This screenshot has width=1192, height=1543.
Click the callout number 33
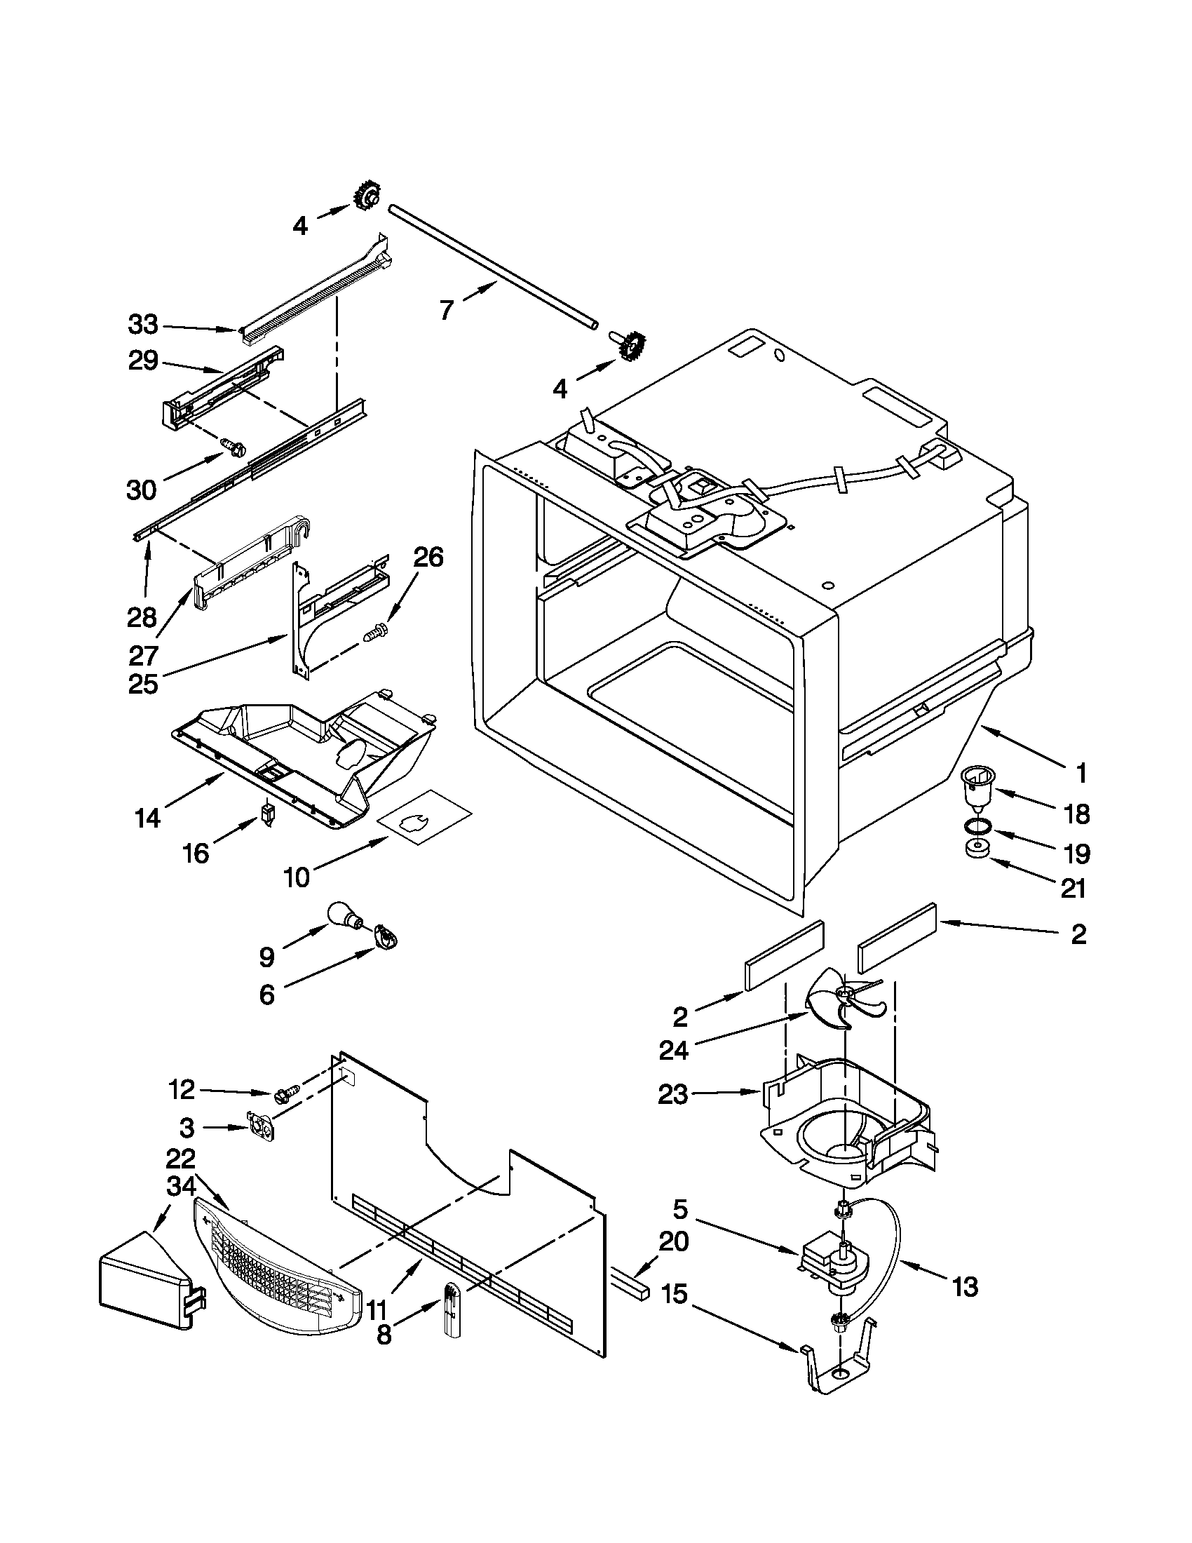(143, 325)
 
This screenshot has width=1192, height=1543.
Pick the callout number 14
(148, 818)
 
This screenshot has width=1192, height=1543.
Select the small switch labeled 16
(267, 813)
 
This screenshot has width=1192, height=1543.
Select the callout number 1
(1081, 774)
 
